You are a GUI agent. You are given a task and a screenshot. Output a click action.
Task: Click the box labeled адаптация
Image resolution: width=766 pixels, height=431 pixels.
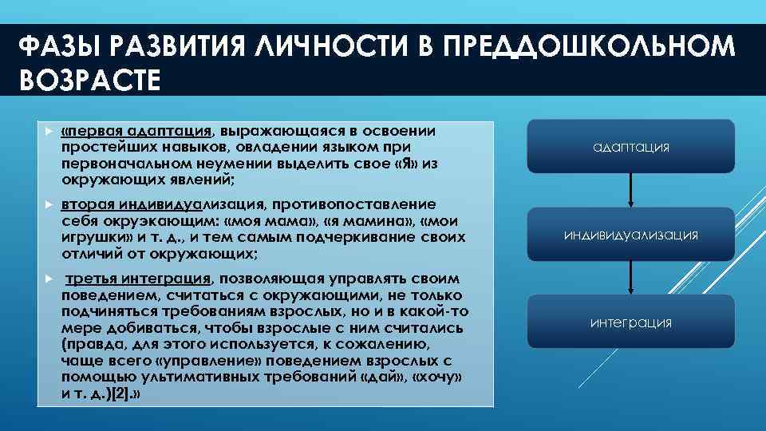coord(631,147)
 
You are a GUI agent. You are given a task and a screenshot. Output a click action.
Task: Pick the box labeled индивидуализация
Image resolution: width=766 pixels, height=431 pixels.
coord(631,235)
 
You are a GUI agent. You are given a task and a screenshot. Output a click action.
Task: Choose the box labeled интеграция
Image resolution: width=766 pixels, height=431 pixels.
coord(631,322)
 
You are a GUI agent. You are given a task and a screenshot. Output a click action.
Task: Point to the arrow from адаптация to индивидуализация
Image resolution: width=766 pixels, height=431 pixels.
coord(631,190)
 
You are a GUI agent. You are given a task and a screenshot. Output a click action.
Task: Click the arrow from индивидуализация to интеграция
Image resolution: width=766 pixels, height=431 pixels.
coord(631,278)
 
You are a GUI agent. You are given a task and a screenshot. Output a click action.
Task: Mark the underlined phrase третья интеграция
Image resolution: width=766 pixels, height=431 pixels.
coord(138,279)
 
